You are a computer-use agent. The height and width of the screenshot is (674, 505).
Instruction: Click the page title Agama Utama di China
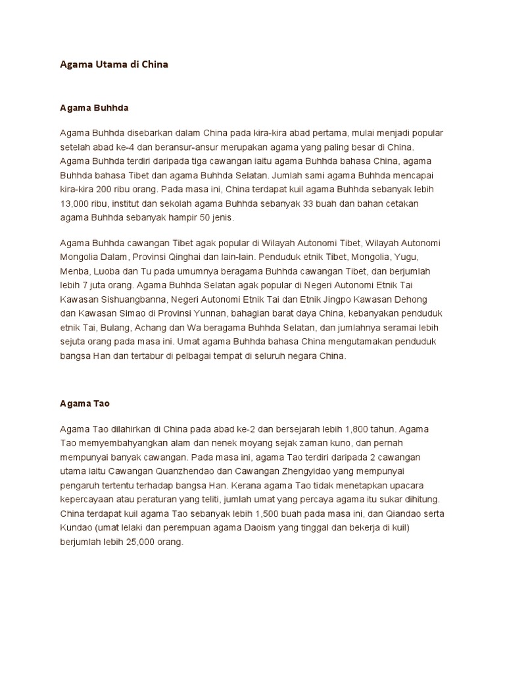click(113, 65)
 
